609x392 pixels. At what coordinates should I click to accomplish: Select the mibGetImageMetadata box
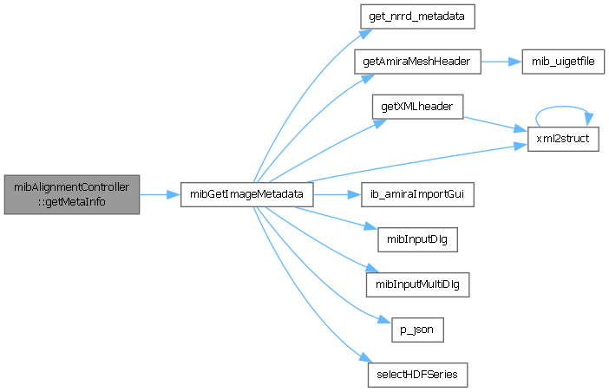pyautogui.click(x=246, y=194)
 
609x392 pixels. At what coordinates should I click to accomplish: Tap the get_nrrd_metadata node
pyautogui.click(x=412, y=18)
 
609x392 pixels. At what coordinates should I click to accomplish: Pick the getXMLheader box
pyautogui.click(x=412, y=108)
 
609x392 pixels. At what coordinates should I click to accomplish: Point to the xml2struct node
pyautogui.click(x=562, y=139)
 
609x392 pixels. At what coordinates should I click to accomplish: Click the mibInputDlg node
pyautogui.click(x=412, y=239)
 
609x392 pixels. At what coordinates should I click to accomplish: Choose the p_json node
pyautogui.click(x=412, y=329)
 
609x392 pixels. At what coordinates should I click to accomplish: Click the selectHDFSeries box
pyautogui.click(x=412, y=374)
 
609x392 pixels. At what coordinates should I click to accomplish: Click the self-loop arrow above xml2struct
pyautogui.click(x=562, y=111)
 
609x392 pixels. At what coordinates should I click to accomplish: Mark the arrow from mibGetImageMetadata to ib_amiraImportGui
pyautogui.click(x=334, y=194)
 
